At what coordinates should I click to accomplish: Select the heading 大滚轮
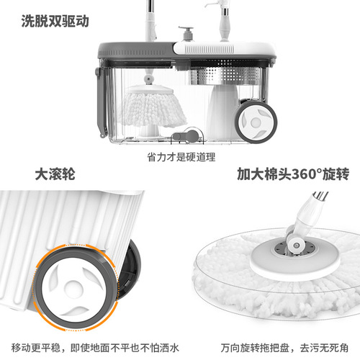click(x=55, y=174)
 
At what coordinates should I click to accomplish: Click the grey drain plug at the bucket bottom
click(x=193, y=136)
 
